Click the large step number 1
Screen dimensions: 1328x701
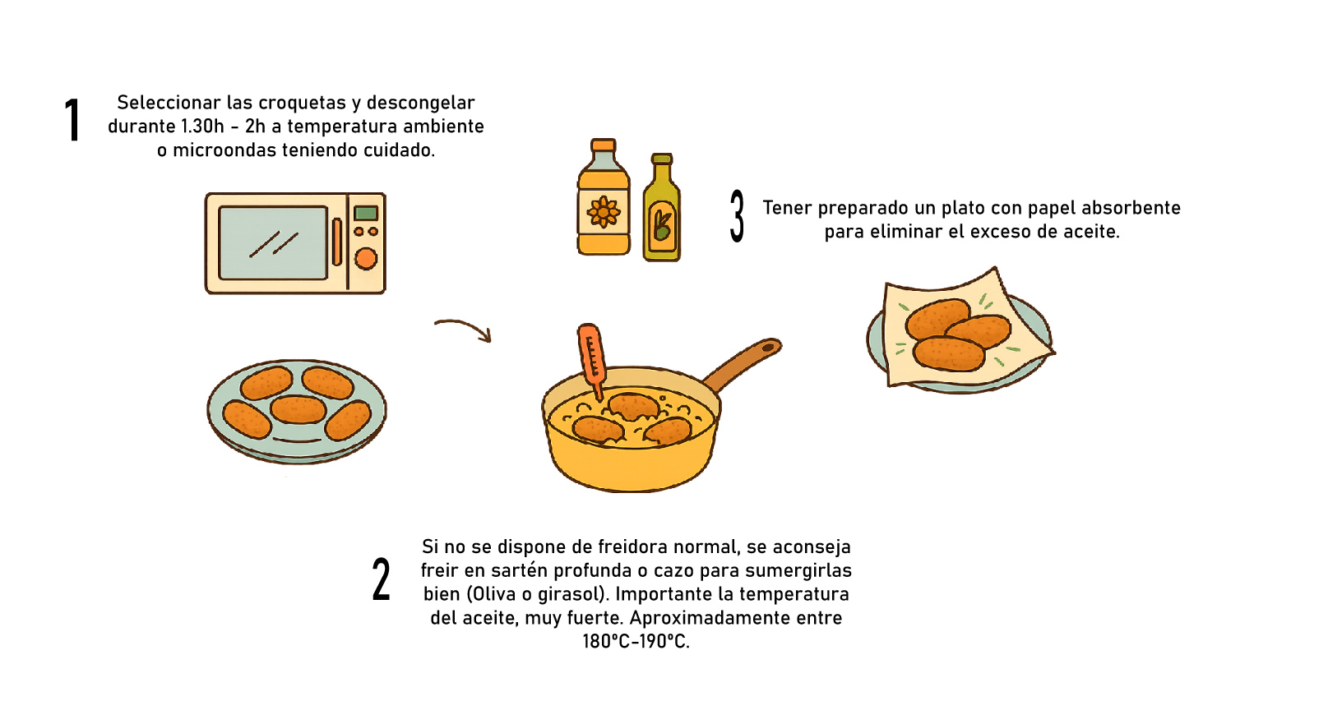pyautogui.click(x=72, y=120)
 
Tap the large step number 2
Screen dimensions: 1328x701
pyautogui.click(x=382, y=579)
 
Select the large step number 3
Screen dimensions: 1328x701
pyautogui.click(x=737, y=215)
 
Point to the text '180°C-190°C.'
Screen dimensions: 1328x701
pyautogui.click(x=636, y=641)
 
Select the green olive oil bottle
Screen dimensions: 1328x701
pyautogui.click(x=662, y=208)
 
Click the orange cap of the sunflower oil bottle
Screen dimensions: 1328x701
pyautogui.click(x=604, y=145)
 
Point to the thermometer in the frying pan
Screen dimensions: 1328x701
pyautogui.click(x=592, y=358)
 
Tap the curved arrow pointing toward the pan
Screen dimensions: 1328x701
pyautogui.click(x=464, y=328)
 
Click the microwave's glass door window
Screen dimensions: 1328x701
pyautogui.click(x=273, y=243)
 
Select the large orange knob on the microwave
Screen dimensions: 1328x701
pyautogui.click(x=366, y=259)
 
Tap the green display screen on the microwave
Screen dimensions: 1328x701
pyautogui.click(x=366, y=213)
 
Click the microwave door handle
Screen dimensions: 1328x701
pyautogui.click(x=337, y=242)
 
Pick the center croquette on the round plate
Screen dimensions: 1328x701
pyautogui.click(x=298, y=409)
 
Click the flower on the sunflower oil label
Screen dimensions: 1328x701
pyautogui.click(x=604, y=212)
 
